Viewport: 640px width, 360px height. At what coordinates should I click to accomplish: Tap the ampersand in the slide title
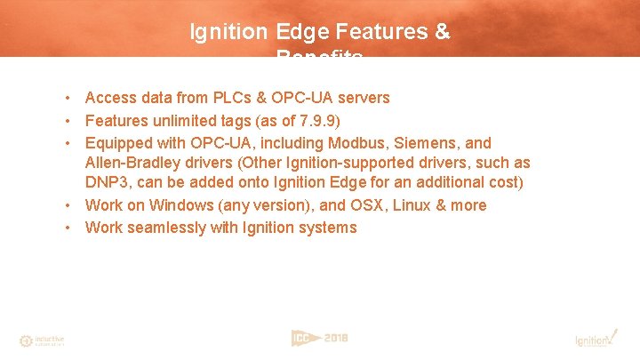[443, 33]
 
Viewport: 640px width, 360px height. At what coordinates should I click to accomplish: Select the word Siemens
[428, 143]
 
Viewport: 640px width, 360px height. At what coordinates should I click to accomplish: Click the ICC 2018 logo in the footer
[320, 338]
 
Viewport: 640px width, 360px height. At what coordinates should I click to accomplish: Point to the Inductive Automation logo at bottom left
[42, 340]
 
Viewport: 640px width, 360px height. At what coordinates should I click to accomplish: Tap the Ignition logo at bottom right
[594, 339]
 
